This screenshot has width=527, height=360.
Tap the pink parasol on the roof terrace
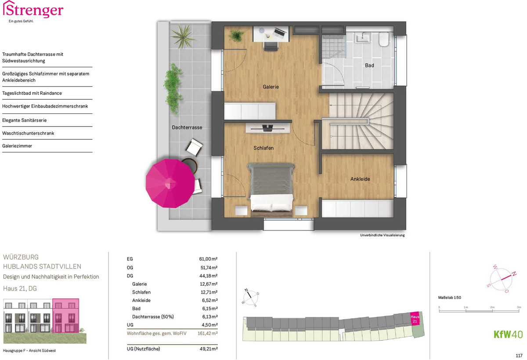(170, 183)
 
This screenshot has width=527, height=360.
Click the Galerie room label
(271, 87)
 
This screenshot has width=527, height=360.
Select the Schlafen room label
(263, 148)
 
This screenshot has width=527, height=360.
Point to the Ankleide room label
(360, 179)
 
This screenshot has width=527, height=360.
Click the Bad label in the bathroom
(369, 65)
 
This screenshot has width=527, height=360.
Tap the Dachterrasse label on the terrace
(187, 127)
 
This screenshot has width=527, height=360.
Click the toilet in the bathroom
(383, 39)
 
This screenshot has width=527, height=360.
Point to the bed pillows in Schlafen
(272, 207)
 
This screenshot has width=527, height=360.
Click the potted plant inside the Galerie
(236, 36)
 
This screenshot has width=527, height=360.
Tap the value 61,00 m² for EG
(208, 259)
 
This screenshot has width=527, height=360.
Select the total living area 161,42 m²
(207, 333)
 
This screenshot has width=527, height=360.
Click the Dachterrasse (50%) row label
(153, 317)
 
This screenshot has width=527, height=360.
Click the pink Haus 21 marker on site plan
(415, 319)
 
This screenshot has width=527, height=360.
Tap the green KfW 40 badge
(508, 335)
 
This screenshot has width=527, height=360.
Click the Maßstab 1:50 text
(449, 298)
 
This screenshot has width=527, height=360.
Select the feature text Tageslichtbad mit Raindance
(32, 93)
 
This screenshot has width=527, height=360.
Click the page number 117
(519, 356)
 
